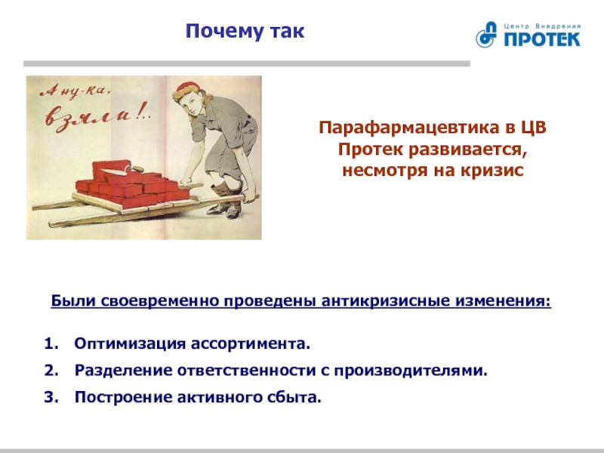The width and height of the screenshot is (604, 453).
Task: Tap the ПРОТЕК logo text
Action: point(542,39)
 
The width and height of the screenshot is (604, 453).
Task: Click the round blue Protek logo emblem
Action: point(486,34)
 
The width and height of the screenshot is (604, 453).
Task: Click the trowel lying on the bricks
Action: point(124,168)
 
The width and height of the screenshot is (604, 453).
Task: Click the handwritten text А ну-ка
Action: point(75,91)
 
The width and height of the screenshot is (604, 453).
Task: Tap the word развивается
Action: point(467,149)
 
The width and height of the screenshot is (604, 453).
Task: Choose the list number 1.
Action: point(51,344)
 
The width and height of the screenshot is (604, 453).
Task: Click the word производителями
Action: point(411,371)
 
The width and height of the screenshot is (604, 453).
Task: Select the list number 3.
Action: point(51,397)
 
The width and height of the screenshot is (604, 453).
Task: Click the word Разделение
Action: point(123,371)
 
